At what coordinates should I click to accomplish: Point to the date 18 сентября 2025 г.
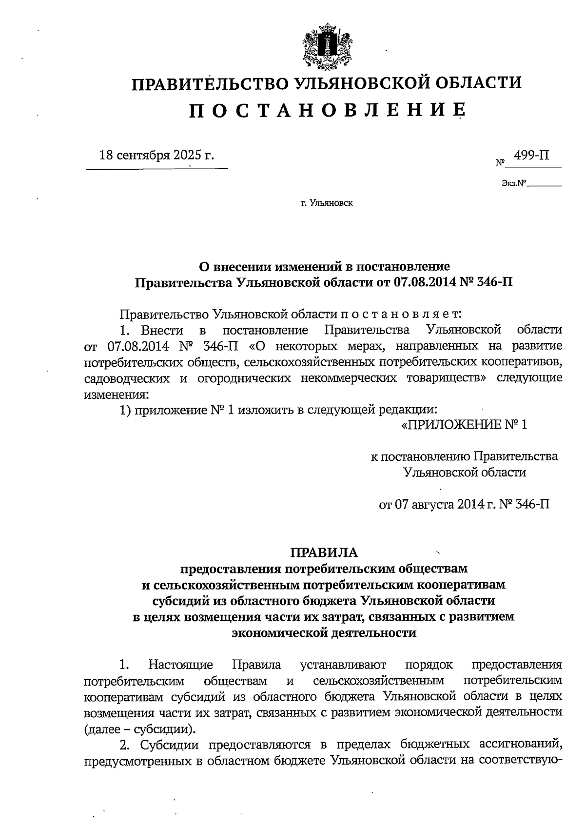[x=156, y=156]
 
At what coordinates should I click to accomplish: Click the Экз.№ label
[x=514, y=184]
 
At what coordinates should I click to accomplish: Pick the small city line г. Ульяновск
[x=327, y=203]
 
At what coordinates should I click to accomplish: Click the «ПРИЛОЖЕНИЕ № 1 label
[x=464, y=425]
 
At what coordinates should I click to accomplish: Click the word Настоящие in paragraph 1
[x=181, y=665]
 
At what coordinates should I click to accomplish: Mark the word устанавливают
[x=343, y=665]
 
